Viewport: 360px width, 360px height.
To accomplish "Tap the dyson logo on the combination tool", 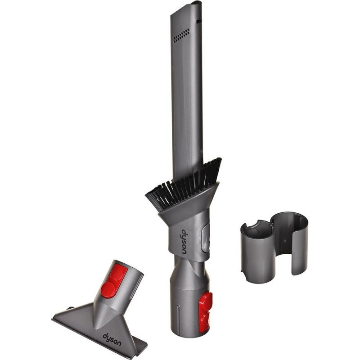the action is point(185,242).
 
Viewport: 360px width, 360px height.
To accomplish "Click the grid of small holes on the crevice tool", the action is point(181,36).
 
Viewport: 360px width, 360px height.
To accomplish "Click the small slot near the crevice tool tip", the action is point(198,21).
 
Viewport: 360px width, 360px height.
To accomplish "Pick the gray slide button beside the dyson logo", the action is point(206,239).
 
